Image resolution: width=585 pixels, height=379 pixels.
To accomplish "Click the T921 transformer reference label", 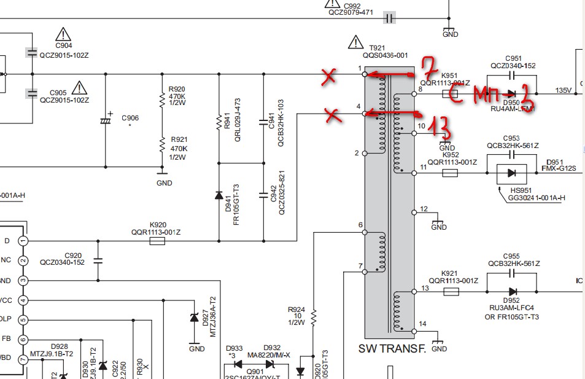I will click(378, 47).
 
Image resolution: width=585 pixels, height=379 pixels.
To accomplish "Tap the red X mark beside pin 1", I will click(329, 76).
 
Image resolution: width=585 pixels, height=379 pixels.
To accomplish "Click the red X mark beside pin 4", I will click(334, 115).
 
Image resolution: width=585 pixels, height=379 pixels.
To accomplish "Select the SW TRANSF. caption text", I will click(392, 349).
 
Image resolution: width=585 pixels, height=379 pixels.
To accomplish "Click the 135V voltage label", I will click(564, 91).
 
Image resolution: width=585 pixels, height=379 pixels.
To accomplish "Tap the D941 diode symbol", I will click(219, 195).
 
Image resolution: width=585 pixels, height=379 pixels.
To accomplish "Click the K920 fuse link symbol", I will click(157, 242).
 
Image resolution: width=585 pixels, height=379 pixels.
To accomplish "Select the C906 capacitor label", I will click(130, 117).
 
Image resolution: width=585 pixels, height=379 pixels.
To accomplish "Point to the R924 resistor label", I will click(296, 310).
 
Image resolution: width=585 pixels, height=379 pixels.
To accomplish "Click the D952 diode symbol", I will click(512, 292).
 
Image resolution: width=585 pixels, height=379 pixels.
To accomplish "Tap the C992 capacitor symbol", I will click(389, 18).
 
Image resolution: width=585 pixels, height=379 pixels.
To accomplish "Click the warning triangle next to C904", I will click(63, 34).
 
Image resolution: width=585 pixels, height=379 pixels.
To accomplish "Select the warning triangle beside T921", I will click(355, 42).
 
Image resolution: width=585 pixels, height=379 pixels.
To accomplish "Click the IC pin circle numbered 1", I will click(23, 241).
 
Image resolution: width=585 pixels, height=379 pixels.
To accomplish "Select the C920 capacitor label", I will click(73, 254).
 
